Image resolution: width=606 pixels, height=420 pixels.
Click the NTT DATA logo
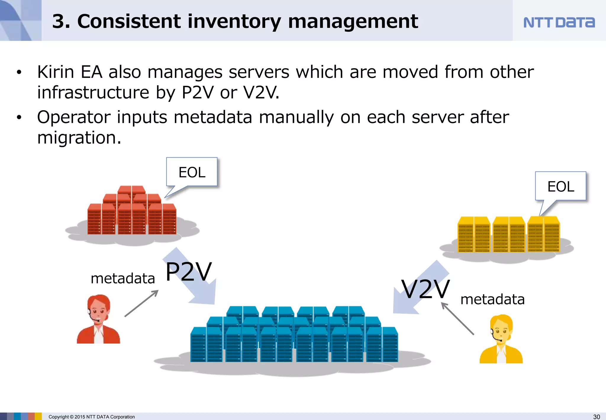coord(559,23)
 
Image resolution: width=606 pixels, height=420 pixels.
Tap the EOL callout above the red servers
coord(192,172)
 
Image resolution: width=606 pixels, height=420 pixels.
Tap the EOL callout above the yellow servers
coord(560,187)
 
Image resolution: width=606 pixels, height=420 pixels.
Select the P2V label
coord(188,272)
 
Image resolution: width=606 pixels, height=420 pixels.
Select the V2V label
coord(425,289)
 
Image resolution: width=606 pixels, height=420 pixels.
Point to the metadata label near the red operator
coord(123,278)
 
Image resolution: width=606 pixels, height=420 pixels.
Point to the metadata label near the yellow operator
coord(492,299)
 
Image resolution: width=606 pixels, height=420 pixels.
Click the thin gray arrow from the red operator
coord(141,303)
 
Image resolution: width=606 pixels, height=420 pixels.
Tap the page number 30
coord(597,417)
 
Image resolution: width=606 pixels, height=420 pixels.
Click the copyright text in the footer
coord(91,417)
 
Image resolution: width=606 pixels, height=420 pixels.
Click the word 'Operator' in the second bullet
coord(73,117)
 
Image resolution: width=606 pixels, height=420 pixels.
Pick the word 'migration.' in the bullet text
coord(79,138)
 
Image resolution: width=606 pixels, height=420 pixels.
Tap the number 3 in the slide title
coord(58,22)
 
